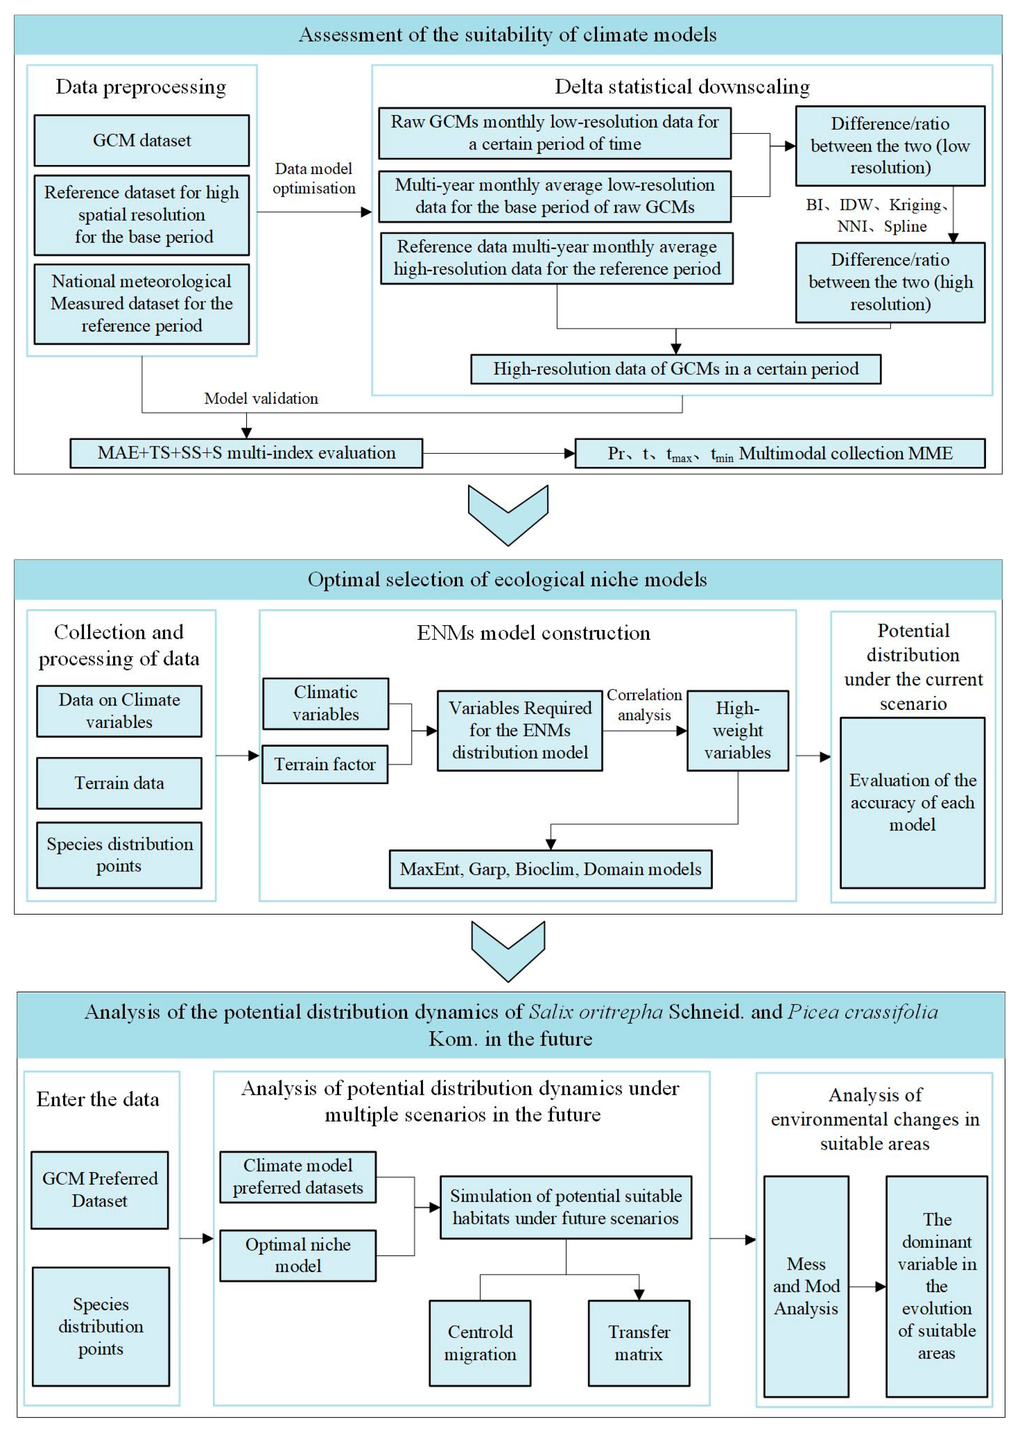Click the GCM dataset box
coord(141,140)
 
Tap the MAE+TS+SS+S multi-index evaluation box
coord(246,453)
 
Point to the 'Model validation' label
coord(261,398)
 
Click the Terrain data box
coord(119,783)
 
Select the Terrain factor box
coord(325,764)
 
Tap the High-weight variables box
coord(737,731)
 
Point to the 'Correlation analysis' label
coord(644,705)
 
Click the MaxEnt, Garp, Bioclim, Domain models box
coord(550,869)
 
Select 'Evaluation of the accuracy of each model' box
coord(912,802)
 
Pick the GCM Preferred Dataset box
coord(100,1190)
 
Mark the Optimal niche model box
coord(298,1255)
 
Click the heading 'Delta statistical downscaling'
coord(682,86)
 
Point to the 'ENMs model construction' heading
coord(533,632)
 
